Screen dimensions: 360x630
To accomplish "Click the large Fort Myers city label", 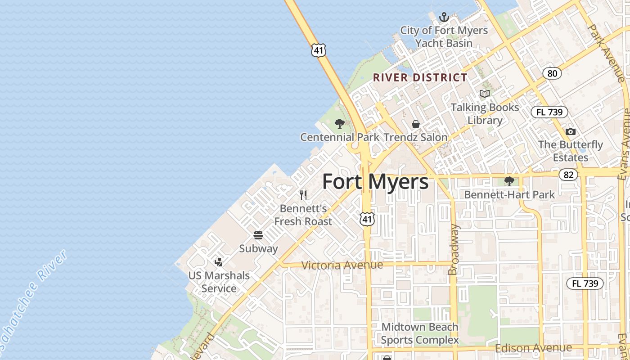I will click(x=375, y=182).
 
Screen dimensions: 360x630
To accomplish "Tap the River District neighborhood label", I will click(x=420, y=77).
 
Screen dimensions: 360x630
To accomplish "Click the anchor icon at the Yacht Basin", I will click(x=444, y=18).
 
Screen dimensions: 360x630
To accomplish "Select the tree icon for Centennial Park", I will click(x=340, y=124).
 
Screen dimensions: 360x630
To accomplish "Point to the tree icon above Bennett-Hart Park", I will click(x=509, y=181).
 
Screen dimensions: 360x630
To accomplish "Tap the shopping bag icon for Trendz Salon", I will click(x=416, y=124).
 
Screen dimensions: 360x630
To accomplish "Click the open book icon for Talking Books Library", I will click(x=484, y=94).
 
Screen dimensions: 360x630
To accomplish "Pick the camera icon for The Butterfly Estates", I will click(x=571, y=131).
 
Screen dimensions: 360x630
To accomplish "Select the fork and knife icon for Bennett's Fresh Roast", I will click(x=303, y=195).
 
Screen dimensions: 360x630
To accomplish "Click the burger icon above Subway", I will click(x=258, y=235).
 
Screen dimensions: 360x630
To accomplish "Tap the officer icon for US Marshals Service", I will click(x=219, y=262).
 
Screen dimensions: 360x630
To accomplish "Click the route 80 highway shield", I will click(x=552, y=73).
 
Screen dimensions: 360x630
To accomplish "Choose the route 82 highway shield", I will click(x=569, y=175).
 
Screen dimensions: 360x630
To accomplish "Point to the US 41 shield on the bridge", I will click(x=319, y=50).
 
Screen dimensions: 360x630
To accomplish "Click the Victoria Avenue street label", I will click(x=342, y=265).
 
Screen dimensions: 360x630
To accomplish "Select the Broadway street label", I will click(x=454, y=249).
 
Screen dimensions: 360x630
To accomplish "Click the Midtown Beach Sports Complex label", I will click(x=420, y=333).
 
